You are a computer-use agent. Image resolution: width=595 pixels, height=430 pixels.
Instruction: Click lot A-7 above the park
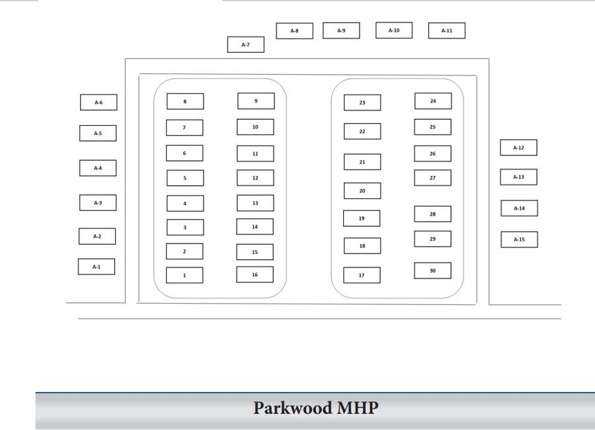point(245,44)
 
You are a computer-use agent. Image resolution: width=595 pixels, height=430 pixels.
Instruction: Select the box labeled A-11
point(446,30)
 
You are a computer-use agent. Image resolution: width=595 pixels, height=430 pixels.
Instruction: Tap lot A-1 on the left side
point(97,267)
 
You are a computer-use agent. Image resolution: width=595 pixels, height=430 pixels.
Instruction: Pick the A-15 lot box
point(519,239)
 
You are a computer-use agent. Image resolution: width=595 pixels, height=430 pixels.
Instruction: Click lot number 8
point(184,101)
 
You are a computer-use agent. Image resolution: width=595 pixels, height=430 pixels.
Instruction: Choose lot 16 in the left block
point(255,275)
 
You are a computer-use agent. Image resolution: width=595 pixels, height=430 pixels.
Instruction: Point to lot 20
point(362,191)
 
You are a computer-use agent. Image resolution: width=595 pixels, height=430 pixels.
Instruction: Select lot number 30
point(432,271)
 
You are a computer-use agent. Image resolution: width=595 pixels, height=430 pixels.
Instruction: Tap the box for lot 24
point(432,101)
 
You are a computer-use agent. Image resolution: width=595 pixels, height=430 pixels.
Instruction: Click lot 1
point(184,275)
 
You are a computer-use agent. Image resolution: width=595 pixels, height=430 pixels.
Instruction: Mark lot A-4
point(97,168)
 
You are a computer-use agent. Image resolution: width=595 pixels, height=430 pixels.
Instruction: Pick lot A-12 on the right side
point(518,148)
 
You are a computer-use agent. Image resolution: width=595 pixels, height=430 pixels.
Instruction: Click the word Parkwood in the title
point(292,408)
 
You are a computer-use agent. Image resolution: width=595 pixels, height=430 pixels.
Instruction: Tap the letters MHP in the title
point(357,408)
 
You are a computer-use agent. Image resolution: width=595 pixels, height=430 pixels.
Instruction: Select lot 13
point(255,203)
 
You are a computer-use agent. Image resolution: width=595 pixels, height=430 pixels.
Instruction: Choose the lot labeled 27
point(432,178)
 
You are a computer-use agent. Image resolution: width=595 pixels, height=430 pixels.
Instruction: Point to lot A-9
point(341,30)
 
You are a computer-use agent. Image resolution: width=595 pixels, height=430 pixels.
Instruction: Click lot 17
point(362,275)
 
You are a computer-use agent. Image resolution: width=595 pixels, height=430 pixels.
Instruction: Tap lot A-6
point(98,103)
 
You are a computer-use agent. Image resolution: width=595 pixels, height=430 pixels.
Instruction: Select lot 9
point(255,101)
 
